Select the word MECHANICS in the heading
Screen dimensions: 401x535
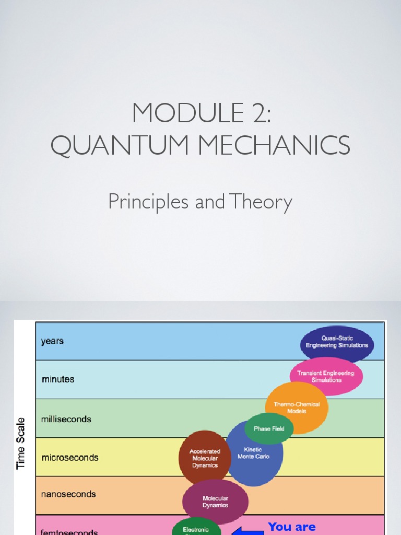275,145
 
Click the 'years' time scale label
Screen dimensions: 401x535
52,341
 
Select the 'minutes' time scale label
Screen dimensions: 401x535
58,379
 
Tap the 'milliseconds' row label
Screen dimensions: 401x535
66,419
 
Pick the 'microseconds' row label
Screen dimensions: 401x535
70,458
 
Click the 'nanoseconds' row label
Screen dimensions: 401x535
68,494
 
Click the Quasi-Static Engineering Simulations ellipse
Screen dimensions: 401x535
337,342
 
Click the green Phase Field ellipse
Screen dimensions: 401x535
269,428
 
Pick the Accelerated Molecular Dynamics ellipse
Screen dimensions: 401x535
204,458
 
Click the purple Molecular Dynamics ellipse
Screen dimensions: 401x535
215,502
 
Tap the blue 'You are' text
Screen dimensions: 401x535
291,527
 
